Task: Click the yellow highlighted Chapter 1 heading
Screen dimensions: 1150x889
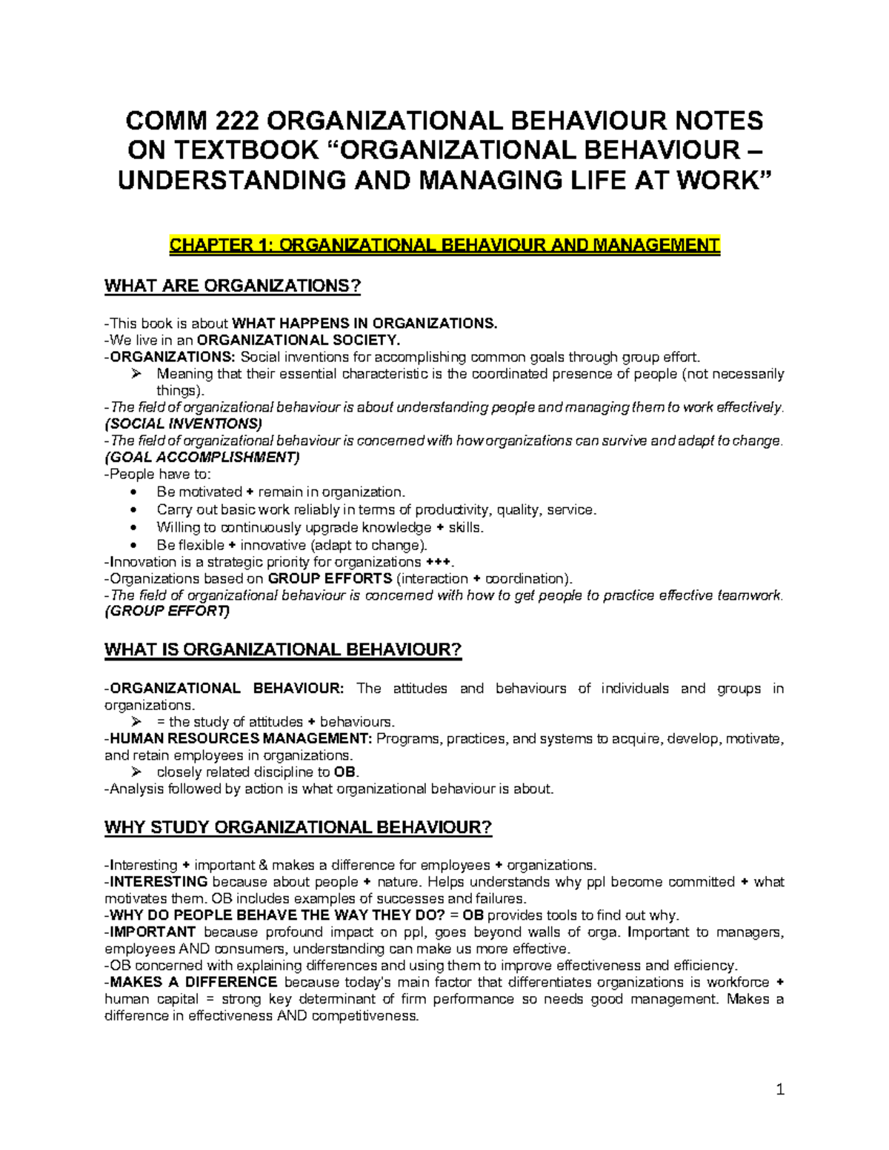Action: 444,245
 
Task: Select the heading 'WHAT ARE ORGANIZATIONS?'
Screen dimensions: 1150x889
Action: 233,286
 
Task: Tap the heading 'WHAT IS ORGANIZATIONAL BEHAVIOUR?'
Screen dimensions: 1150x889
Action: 283,649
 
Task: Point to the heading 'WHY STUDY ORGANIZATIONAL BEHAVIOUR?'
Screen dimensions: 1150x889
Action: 299,827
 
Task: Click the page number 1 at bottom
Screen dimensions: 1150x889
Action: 780,1089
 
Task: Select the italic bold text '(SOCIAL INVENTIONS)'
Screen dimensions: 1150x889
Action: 184,424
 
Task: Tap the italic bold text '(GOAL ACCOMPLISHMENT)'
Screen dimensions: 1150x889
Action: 202,457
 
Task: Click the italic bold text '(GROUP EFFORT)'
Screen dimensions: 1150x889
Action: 167,611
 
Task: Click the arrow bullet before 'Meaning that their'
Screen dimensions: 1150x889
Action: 136,374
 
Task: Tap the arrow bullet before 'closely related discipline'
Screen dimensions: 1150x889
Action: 136,772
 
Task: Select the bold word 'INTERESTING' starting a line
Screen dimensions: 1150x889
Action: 159,881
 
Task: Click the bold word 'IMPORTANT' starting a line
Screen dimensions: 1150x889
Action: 153,932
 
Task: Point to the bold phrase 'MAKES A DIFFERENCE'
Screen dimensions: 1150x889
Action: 193,982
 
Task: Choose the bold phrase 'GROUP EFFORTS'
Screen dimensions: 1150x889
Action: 330,578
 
